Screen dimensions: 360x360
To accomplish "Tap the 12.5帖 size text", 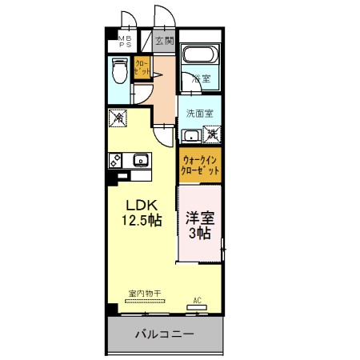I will coord(142,220).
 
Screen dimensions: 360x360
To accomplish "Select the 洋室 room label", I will coord(199,218).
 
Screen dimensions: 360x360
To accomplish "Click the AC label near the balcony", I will coord(196,302).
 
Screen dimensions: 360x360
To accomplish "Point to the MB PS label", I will coord(126,41).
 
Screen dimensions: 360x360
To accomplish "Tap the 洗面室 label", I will coord(199,113).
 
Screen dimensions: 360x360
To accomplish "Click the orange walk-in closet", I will coord(199,166).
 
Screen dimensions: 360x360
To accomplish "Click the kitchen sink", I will coord(140,159).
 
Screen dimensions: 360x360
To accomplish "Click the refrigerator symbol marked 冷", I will coord(118,117).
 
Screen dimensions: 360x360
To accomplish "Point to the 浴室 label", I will coord(201,78).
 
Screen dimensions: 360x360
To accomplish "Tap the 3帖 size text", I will coord(199,234).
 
